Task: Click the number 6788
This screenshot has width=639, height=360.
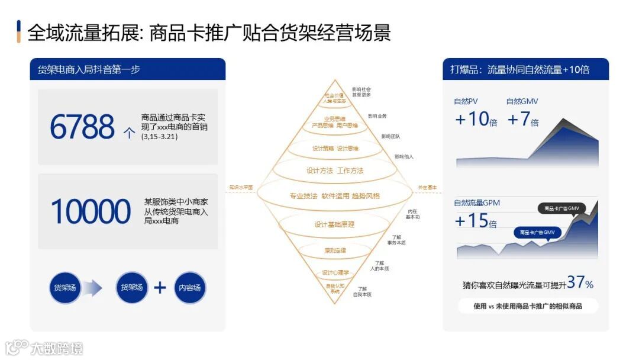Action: click(x=82, y=127)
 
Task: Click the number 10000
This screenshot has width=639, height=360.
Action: click(x=91, y=211)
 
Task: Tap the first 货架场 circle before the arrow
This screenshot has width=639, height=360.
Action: click(x=65, y=288)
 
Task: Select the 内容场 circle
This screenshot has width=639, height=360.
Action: click(x=190, y=288)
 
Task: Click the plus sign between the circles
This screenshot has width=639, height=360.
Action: click(x=160, y=288)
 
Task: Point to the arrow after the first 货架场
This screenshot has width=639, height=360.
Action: click(x=92, y=288)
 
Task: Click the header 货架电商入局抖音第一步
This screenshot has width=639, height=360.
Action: click(x=89, y=69)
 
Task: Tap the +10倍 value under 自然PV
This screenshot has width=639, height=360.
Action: click(x=476, y=120)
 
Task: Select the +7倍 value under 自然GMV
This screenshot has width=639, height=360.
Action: click(x=522, y=120)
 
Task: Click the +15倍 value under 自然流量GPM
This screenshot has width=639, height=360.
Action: click(x=476, y=221)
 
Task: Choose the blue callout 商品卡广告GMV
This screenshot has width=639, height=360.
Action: click(x=537, y=232)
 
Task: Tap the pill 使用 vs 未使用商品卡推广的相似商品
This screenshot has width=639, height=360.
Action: click(x=528, y=306)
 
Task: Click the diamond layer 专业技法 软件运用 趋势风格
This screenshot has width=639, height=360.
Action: click(x=334, y=196)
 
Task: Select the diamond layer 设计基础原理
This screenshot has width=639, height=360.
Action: click(x=334, y=224)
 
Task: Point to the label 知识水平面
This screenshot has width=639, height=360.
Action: click(x=241, y=188)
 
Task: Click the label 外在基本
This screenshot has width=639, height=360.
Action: click(x=427, y=188)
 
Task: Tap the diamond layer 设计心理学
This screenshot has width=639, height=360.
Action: click(x=335, y=272)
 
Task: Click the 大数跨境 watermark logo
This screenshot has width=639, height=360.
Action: click(x=44, y=348)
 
